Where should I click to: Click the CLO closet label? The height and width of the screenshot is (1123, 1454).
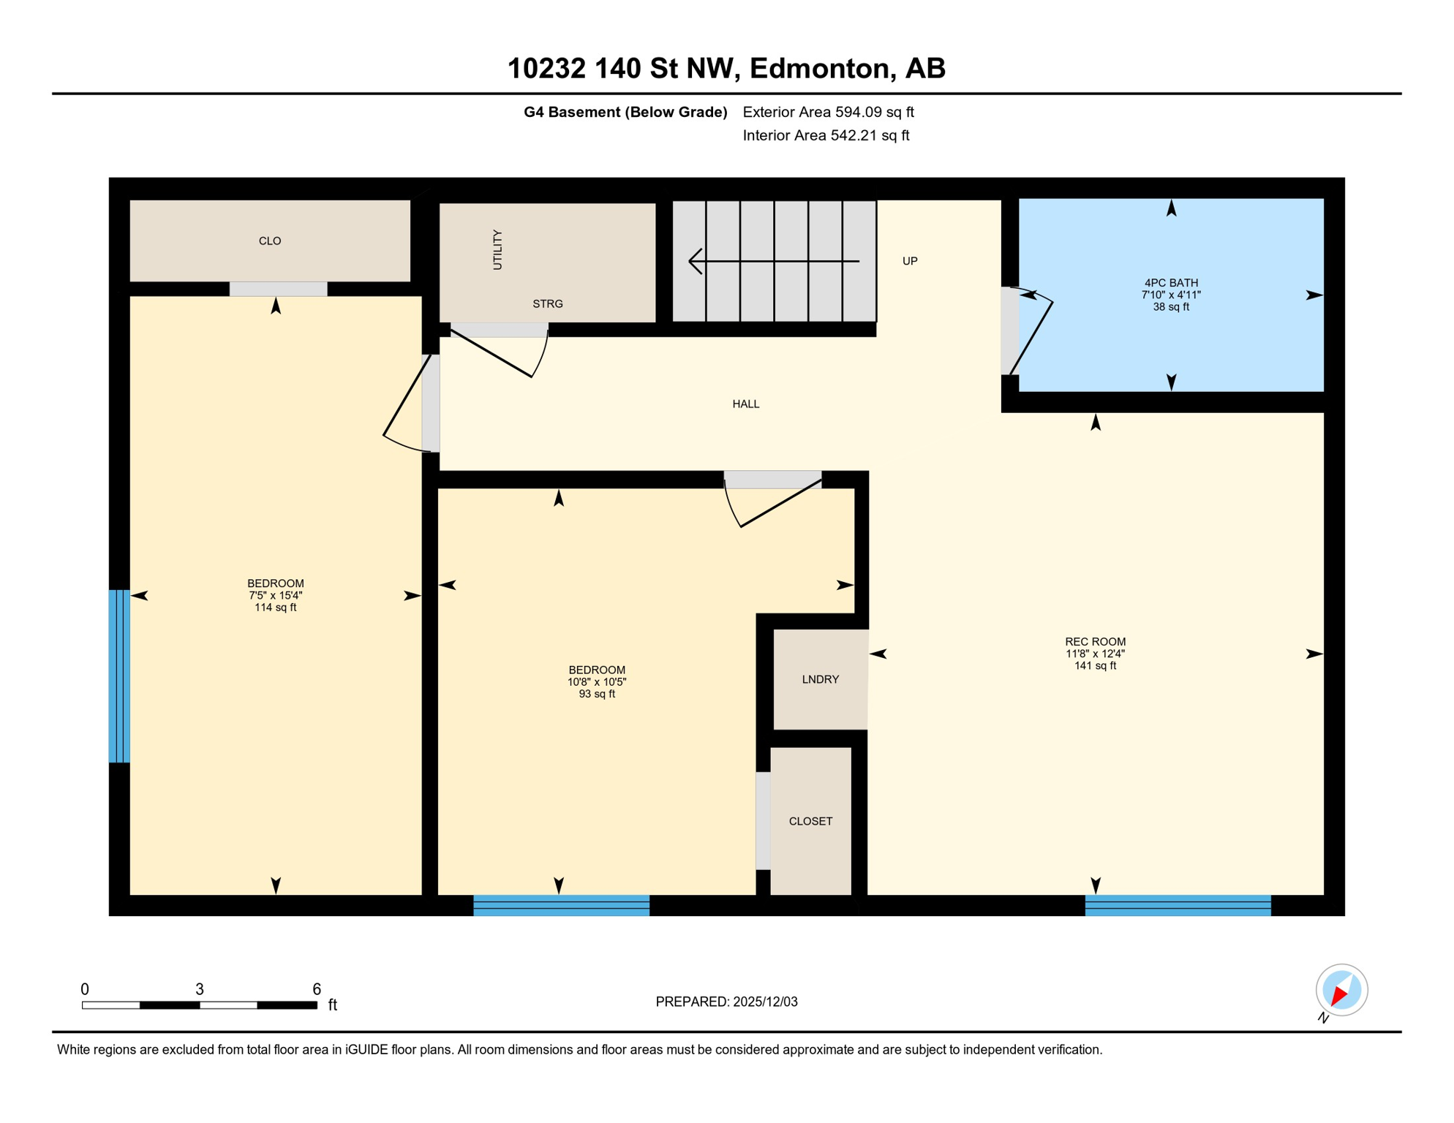(270, 241)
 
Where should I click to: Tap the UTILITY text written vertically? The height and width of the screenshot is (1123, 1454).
(498, 250)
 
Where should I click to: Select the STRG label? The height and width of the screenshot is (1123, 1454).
(548, 304)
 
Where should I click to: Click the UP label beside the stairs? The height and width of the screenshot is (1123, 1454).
(910, 261)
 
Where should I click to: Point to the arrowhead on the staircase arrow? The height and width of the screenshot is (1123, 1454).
(694, 261)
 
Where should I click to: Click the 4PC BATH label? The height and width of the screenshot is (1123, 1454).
(1171, 283)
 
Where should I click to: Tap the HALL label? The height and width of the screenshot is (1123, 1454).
(746, 404)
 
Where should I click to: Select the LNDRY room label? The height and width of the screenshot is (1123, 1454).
(820, 680)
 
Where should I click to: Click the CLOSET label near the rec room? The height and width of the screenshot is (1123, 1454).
(810, 822)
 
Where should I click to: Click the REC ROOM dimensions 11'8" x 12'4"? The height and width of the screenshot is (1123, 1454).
(1095, 654)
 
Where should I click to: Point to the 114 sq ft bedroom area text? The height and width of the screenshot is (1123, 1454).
(275, 608)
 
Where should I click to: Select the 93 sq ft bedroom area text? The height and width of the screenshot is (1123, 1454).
(597, 695)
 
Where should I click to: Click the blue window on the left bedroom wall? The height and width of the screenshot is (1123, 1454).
(119, 676)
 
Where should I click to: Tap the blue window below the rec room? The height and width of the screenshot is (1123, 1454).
(1178, 906)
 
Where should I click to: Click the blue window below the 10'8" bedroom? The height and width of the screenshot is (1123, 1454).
(561, 906)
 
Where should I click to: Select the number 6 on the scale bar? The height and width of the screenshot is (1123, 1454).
(317, 989)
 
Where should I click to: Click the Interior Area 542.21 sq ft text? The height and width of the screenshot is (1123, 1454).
(826, 135)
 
